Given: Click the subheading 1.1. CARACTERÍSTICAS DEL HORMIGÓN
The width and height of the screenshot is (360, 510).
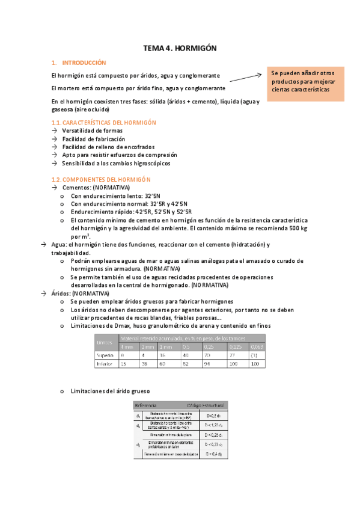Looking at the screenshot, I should pos(104,123).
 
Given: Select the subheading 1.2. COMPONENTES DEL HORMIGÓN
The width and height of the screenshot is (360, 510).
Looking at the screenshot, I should pos(102,179).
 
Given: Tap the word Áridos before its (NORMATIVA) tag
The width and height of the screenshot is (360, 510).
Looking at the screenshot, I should pos(60,293).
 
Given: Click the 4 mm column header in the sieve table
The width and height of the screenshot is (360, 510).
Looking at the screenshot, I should pos(127,346).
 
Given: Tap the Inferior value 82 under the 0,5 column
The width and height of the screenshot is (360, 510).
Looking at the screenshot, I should pos(186,364).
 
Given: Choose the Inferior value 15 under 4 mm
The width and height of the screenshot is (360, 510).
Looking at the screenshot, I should pos(123,364).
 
